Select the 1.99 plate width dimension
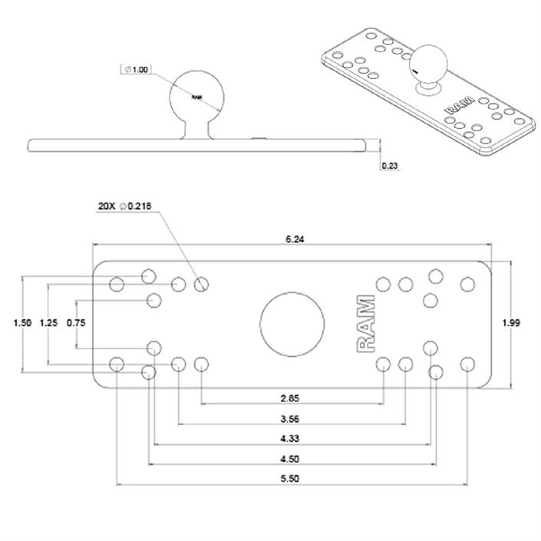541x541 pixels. tap(512, 323)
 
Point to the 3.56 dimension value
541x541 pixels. tap(291, 418)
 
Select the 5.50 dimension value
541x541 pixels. tap(291, 479)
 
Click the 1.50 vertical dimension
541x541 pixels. tap(22, 323)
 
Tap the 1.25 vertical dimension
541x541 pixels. tap(48, 323)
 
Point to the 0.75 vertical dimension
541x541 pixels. tap(76, 323)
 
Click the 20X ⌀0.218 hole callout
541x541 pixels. tap(125, 206)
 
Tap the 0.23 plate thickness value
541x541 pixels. tap(390, 166)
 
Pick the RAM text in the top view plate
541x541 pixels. tap(368, 323)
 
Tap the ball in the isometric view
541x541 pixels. tap(427, 65)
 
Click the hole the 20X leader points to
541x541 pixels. tap(202, 285)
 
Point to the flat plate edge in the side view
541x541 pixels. tap(115, 145)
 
